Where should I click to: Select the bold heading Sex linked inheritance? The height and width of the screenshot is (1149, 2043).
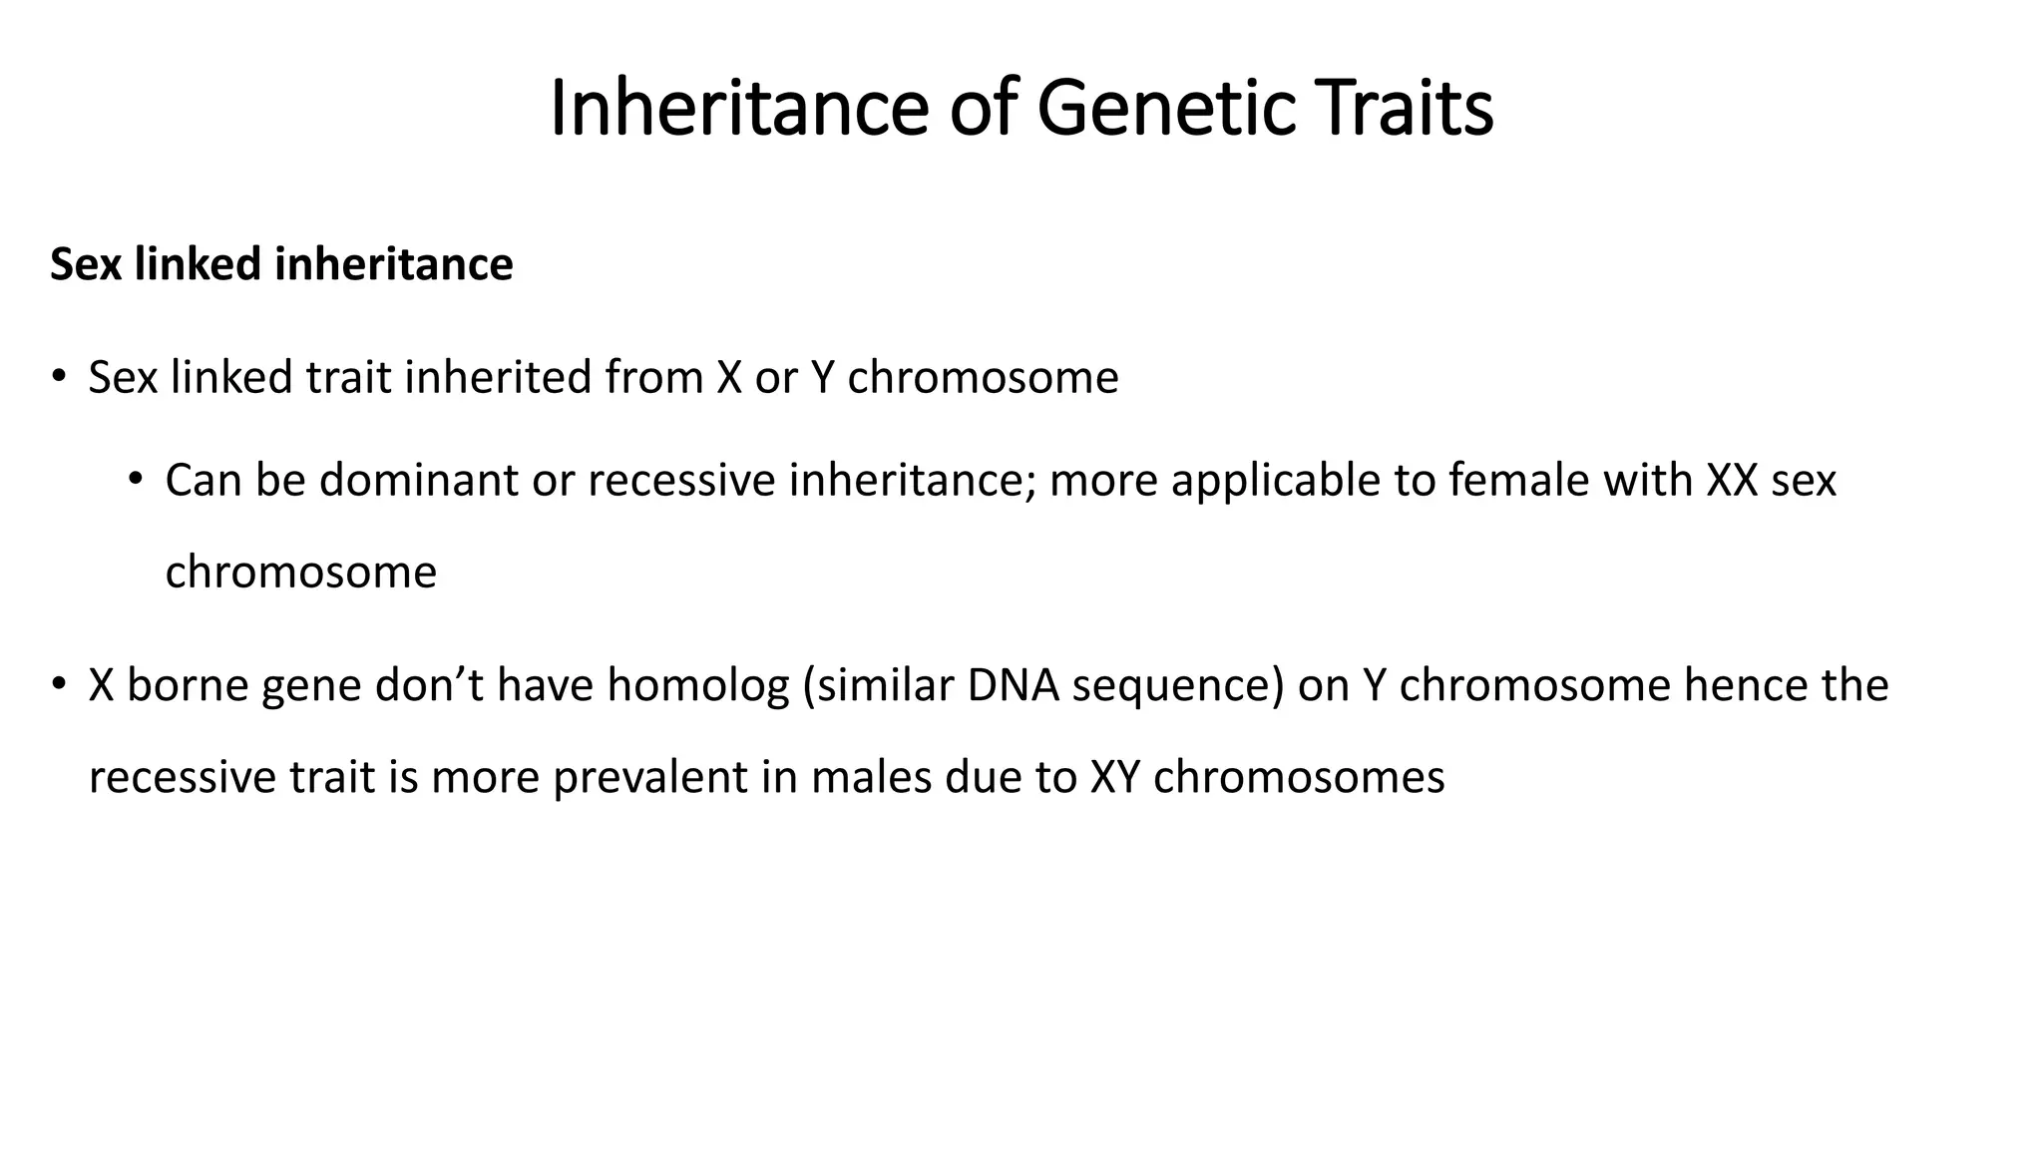[x=281, y=265]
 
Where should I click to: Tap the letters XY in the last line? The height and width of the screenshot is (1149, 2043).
[x=1114, y=778]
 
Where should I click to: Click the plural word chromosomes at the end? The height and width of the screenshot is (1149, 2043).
[x=1299, y=778]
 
